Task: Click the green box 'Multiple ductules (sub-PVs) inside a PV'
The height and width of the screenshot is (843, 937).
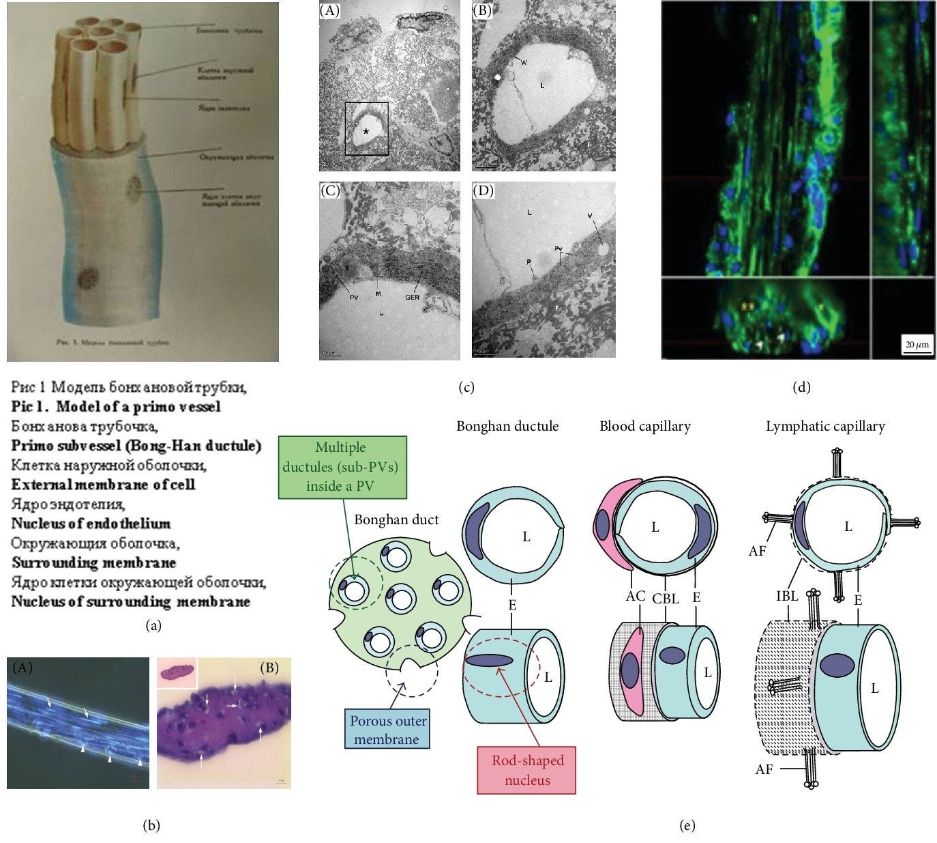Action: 349,467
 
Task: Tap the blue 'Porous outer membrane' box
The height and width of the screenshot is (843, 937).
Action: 388,730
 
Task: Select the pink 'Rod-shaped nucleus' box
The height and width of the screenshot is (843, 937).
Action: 526,769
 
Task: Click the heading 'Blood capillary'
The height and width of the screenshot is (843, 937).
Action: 644,427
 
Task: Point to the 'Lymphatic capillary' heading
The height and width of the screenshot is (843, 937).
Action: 825,427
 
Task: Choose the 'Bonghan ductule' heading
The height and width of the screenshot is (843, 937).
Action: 507,427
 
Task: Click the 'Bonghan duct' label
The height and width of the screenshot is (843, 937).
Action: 396,519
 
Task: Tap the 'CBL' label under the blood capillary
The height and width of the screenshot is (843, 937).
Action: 665,599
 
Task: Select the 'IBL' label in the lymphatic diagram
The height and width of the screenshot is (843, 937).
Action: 787,595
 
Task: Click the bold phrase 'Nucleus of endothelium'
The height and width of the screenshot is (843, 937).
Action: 91,524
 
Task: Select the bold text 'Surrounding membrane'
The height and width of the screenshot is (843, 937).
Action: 93,563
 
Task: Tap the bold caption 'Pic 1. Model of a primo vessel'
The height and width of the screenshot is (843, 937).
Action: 116,407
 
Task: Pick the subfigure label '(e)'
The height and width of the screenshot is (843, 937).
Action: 688,826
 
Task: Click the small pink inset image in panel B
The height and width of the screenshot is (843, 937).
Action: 177,672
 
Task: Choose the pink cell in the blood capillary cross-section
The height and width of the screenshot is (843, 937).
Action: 602,524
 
